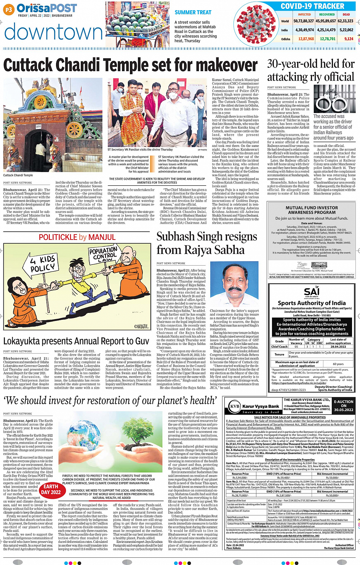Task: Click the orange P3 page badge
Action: click(x=8, y=10)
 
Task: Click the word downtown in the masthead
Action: click(x=53, y=32)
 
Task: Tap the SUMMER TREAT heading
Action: click(x=193, y=12)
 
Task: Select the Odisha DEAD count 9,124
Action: click(x=349, y=39)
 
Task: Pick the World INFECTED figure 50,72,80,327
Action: click(x=304, y=21)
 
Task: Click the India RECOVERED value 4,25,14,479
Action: click(x=326, y=30)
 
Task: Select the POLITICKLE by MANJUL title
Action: click(x=77, y=237)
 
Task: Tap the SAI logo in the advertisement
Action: click(x=311, y=292)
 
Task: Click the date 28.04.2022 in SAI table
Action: click(x=338, y=346)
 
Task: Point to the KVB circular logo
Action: click(x=234, y=406)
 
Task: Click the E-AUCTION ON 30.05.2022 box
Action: click(x=344, y=406)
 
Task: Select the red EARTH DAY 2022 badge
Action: click(x=51, y=489)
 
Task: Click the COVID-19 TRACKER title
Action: click(x=312, y=6)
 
